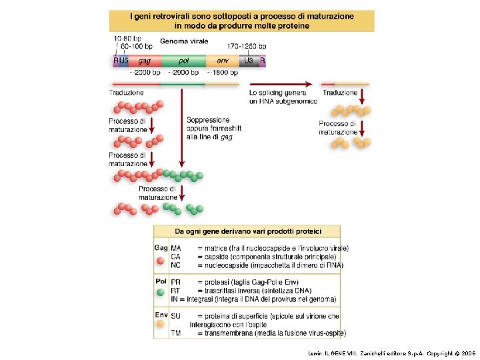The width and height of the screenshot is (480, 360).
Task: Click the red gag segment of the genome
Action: pyautogui.click(x=145, y=60)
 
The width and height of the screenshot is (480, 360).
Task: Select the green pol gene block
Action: pyautogui.click(x=183, y=60)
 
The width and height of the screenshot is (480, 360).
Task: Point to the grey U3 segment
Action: pyautogui.click(x=249, y=60)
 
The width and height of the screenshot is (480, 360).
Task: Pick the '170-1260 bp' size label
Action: pyautogui.click(x=247, y=46)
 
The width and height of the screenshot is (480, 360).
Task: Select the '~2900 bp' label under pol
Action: pyautogui.click(x=183, y=72)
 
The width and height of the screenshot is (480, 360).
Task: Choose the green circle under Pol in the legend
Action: pyautogui.click(x=161, y=292)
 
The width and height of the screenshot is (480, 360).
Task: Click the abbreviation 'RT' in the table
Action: pyautogui.click(x=176, y=291)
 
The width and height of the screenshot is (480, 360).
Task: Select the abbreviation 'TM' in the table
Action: pyautogui.click(x=176, y=332)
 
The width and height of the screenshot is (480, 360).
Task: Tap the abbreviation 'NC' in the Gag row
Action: pyautogui.click(x=176, y=265)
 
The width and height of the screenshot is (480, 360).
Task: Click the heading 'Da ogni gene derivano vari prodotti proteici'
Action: pyautogui.click(x=247, y=231)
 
